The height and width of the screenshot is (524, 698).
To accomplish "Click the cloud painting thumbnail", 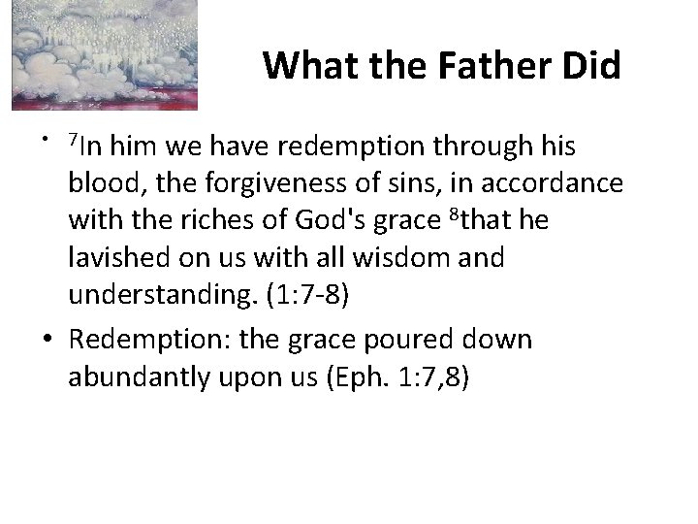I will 105,54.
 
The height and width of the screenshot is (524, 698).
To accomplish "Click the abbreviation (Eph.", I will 347,377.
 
